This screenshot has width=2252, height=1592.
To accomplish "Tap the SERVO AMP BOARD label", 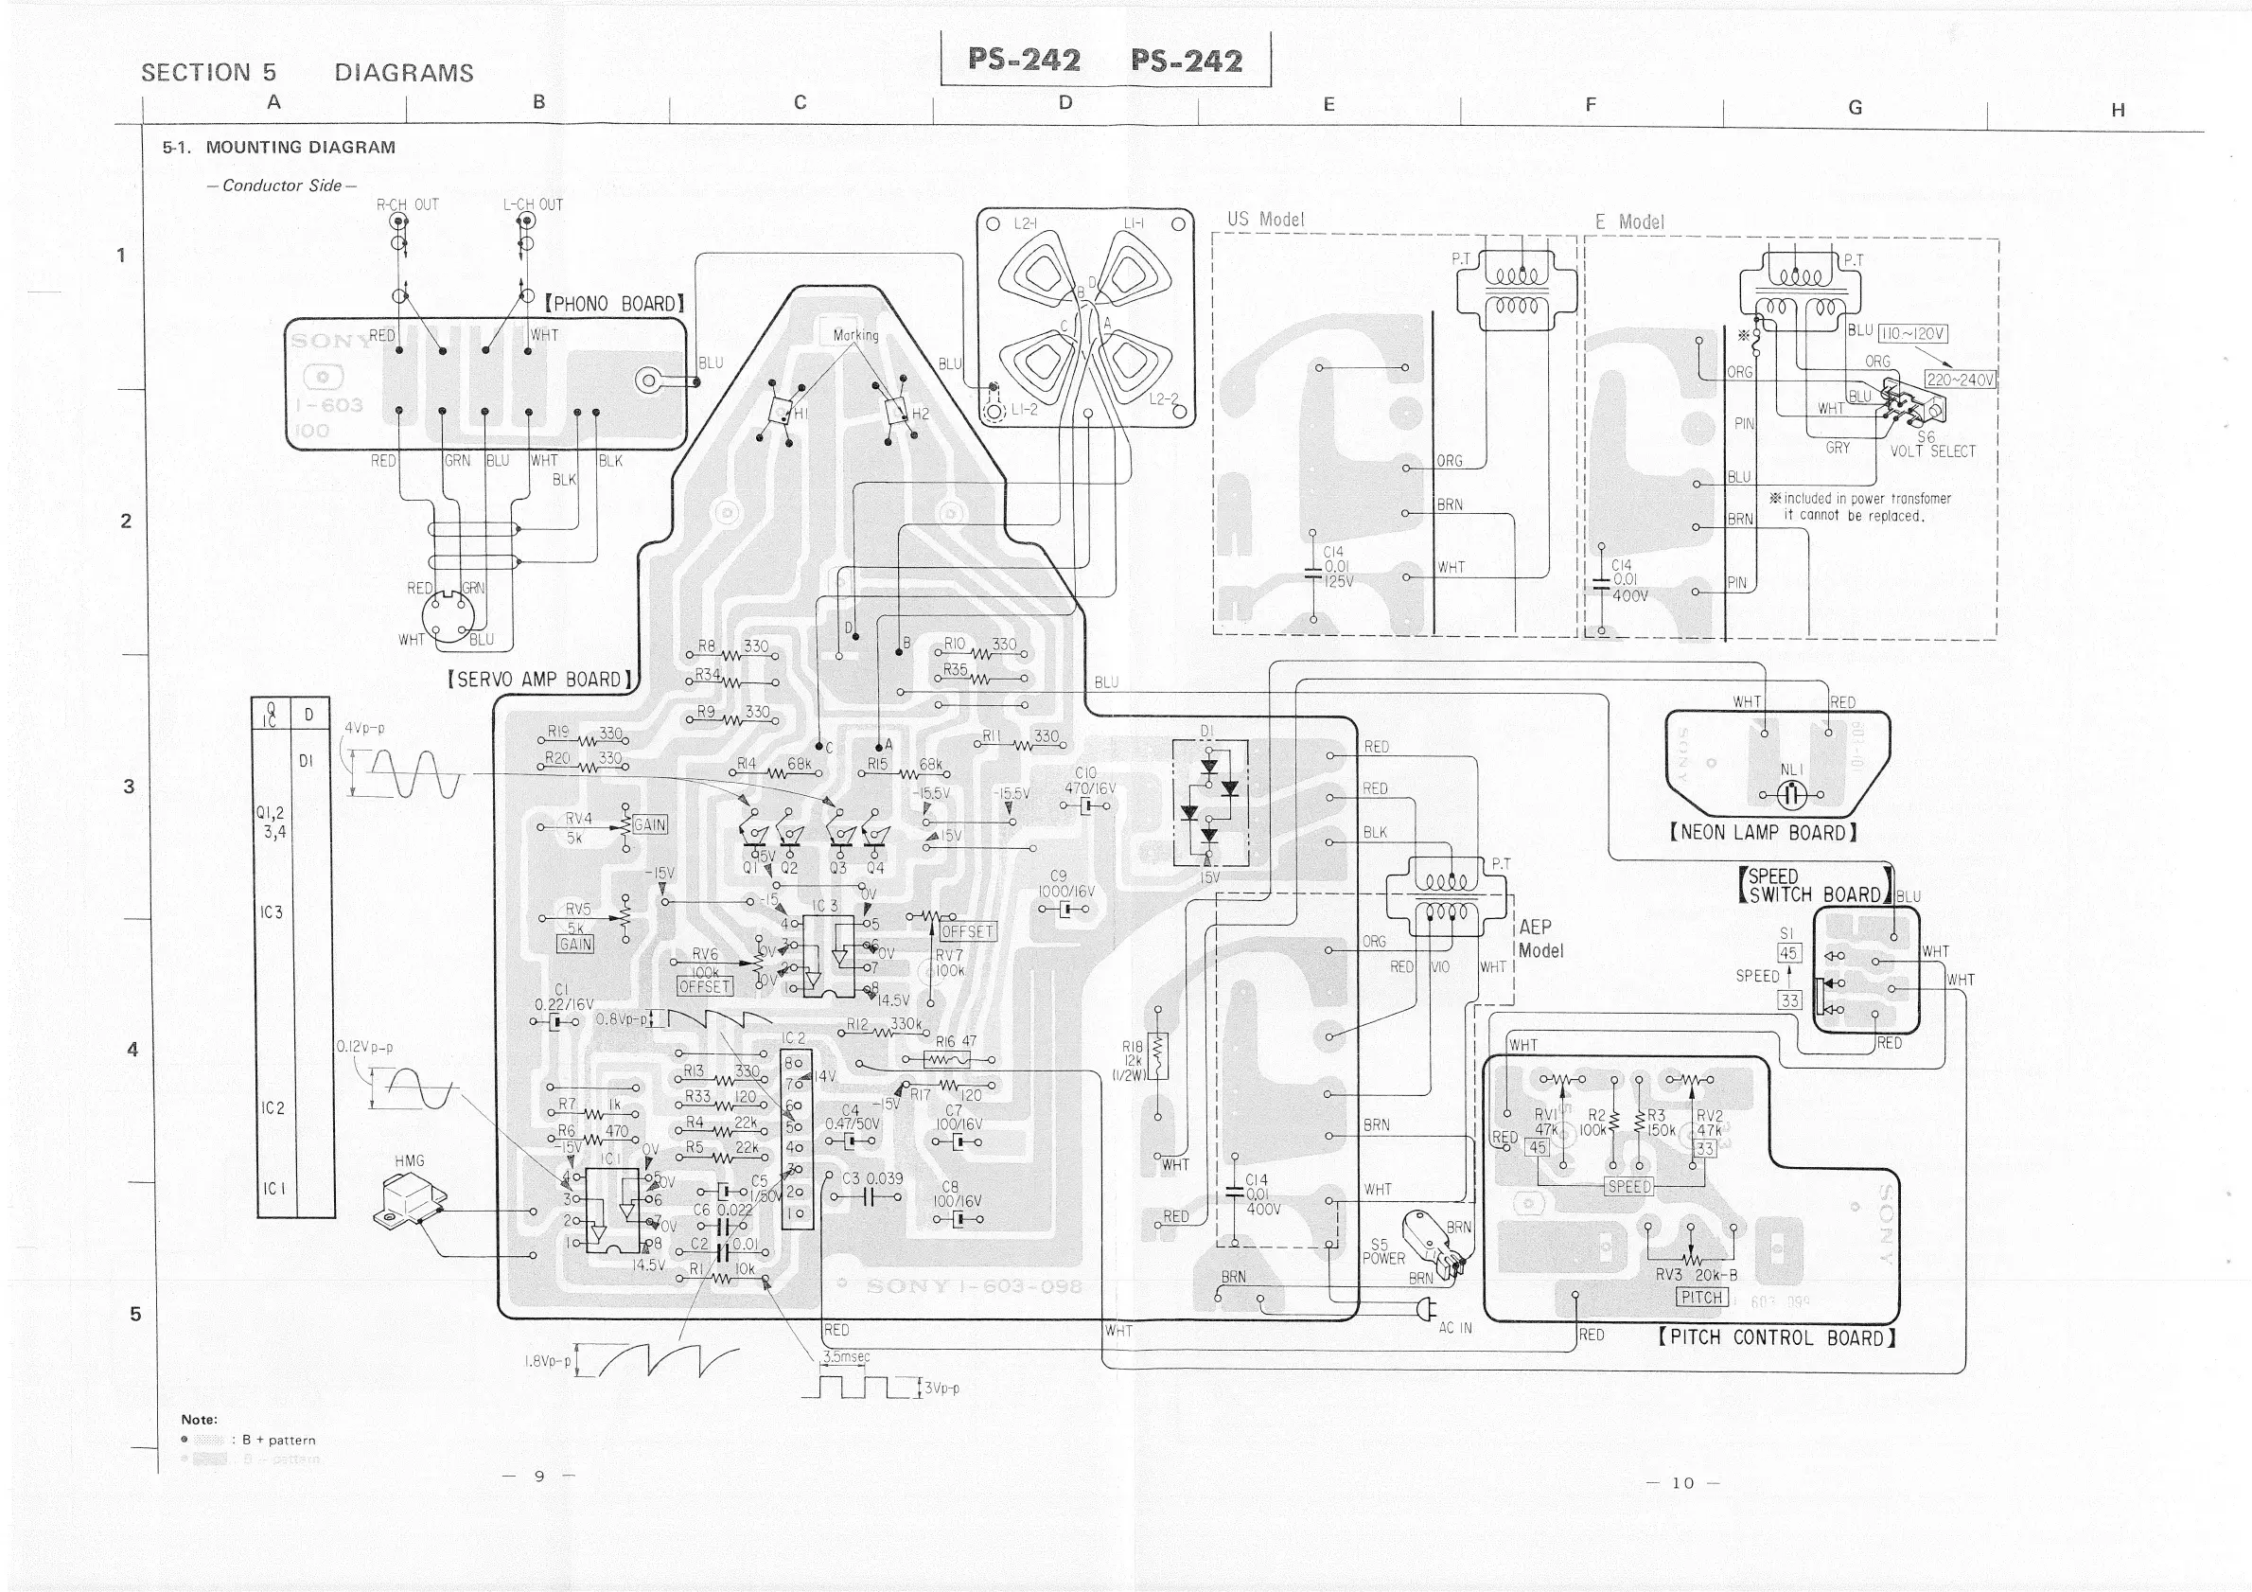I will pos(538,680).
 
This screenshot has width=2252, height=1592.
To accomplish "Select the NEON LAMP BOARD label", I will pos(1763,833).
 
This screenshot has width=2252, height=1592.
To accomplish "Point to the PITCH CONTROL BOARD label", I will pos(1776,1338).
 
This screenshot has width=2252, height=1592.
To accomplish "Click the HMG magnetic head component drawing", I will pos(409,1200).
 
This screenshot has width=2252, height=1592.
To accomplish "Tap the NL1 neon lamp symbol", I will pos(1791,793).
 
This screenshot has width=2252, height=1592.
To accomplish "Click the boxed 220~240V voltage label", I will pos(1961,380).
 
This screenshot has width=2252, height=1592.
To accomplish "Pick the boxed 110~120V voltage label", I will pos(1912,333).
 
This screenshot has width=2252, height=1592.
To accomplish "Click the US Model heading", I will pos(1265,220).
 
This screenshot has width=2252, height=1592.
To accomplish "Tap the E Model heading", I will pos(1629,221).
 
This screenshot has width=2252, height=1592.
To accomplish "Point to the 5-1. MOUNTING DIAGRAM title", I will pos(279,147).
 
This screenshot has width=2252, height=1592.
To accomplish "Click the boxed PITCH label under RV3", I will pos(1700,1297).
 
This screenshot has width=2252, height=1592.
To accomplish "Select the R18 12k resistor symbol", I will pos(1157,1057).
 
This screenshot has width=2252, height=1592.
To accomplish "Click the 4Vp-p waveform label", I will pos(365,729).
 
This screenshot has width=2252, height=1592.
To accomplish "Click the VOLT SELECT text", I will pos(1932,451).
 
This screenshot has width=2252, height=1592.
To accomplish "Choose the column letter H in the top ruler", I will pos(2118,110).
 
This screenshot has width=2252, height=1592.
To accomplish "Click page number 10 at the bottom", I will pos(1683,1482).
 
